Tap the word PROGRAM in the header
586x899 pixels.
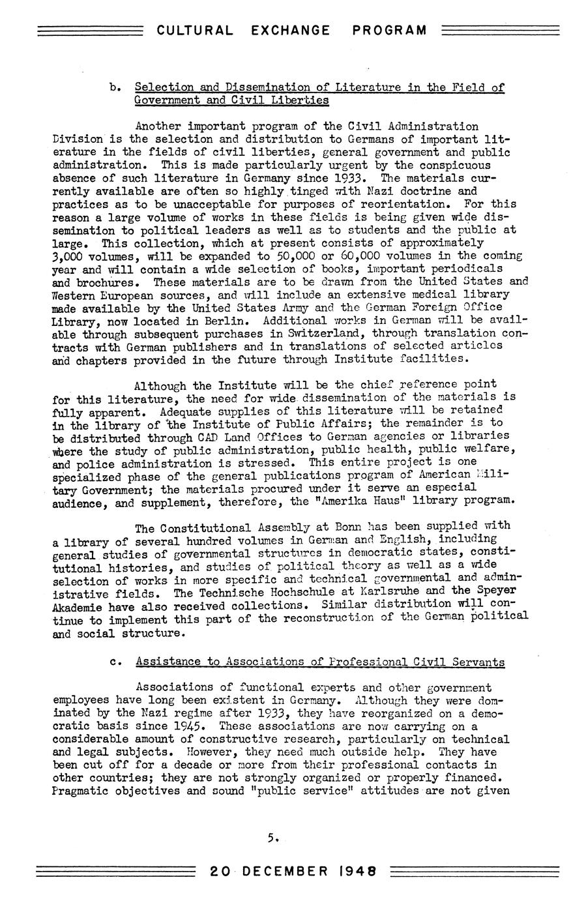[x=389, y=30]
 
